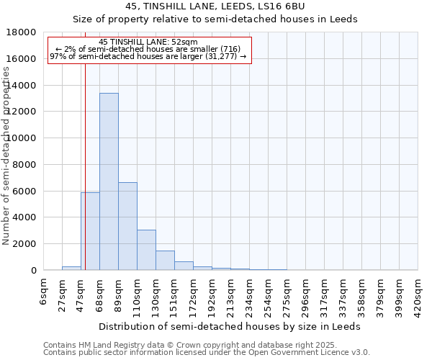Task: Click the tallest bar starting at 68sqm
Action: (109, 181)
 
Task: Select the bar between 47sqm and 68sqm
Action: (90, 231)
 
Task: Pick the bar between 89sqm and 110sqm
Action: (127, 226)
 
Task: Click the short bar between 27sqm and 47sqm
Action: (71, 268)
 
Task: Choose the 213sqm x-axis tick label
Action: (231, 293)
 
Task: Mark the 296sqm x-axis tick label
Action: (306, 293)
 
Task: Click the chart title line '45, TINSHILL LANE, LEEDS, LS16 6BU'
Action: (215, 6)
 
